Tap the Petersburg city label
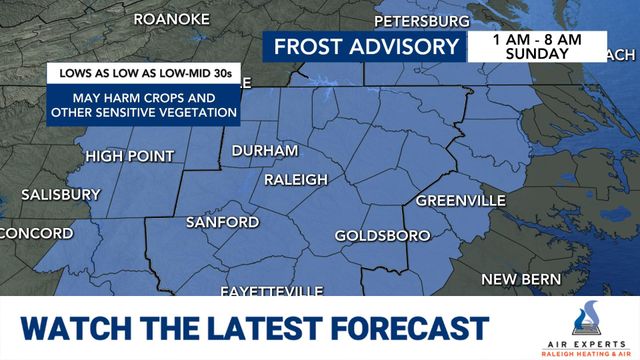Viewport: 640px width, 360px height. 421,20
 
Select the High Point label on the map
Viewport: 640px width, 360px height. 129,156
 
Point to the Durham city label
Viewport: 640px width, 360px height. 265,150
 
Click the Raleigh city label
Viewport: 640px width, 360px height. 296,179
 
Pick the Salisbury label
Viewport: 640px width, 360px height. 61,194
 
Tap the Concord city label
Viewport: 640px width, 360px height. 36,233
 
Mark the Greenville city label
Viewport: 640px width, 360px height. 460,200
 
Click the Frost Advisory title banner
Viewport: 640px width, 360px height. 366,47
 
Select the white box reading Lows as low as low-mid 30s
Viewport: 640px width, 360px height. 144,73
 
